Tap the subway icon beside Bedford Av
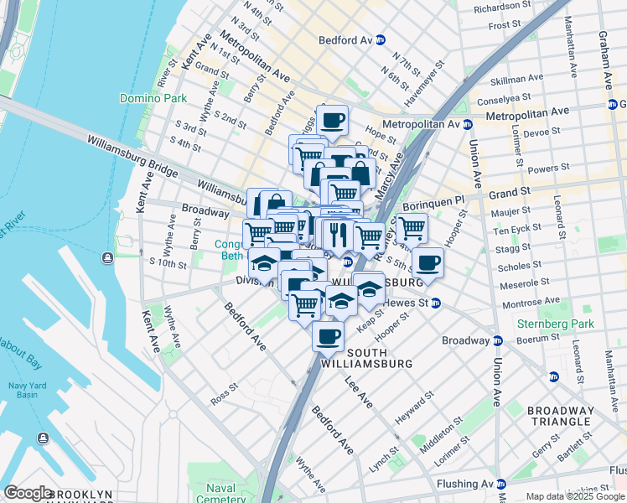(x=380, y=39)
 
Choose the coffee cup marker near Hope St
(x=332, y=120)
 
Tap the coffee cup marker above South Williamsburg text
(x=328, y=337)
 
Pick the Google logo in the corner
(x=28, y=493)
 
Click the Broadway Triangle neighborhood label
(x=561, y=417)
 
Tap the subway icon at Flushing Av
(x=500, y=484)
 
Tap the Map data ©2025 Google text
(x=575, y=495)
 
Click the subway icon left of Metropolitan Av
(x=467, y=124)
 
